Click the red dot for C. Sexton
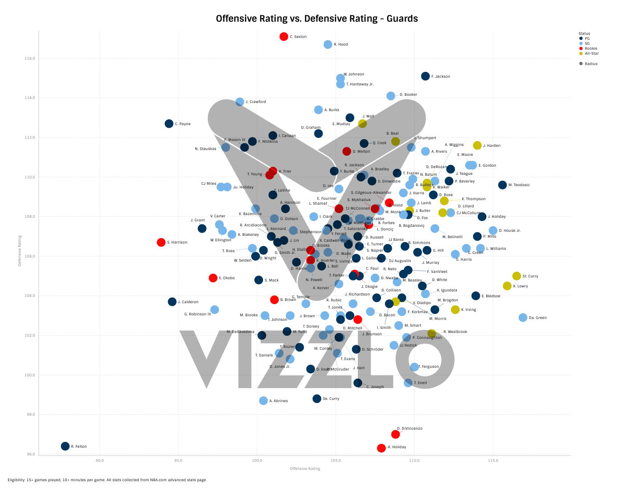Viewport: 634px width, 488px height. tap(284, 37)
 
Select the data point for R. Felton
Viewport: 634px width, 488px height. tap(65, 446)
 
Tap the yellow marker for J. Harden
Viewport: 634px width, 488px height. tap(477, 145)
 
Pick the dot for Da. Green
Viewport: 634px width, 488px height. tap(523, 318)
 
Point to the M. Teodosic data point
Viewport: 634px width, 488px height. tap(503, 185)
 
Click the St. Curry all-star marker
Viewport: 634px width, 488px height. tap(517, 276)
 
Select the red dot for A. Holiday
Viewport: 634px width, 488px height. tap(381, 448)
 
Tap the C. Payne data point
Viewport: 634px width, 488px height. tap(169, 124)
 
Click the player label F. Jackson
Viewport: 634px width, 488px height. tap(441, 77)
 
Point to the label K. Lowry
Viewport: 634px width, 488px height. tap(520, 286)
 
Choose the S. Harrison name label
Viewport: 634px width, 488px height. tap(177, 243)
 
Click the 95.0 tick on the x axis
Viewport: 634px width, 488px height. tap(178, 461)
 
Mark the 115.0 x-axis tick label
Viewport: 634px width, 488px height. tap(493, 461)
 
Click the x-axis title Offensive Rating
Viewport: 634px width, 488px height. tap(305, 469)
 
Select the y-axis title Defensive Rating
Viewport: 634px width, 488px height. tap(20, 250)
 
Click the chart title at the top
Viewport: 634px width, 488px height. tap(317, 19)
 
